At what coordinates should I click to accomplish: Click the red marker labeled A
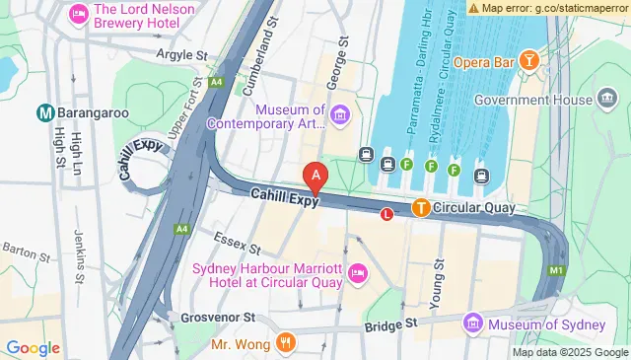[315, 178]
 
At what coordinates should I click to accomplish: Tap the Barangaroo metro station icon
[44, 112]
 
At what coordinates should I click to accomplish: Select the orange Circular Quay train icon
[421, 207]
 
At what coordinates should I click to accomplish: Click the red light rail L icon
[386, 213]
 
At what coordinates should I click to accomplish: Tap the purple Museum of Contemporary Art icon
[340, 117]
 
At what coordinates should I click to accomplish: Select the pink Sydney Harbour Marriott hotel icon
[356, 273]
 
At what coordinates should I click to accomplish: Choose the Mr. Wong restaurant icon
[286, 343]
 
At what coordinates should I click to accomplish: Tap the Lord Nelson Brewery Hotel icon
[77, 15]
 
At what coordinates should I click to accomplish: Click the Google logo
[33, 347]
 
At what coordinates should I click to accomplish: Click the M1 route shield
[558, 269]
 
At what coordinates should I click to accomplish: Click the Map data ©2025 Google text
[569, 352]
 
